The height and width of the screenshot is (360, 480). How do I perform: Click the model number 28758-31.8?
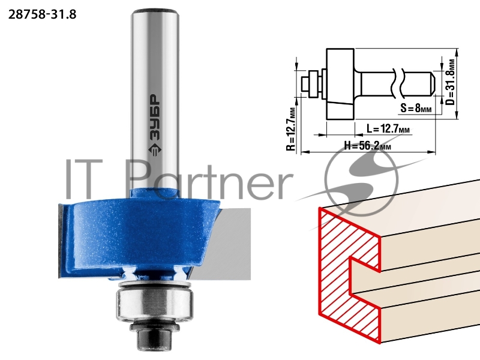(42, 14)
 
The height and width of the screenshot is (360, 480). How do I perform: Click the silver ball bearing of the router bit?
(155, 304)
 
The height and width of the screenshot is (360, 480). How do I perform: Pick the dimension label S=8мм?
(416, 108)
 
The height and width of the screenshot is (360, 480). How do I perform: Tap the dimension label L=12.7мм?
(388, 129)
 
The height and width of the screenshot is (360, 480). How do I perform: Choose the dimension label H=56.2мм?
(367, 145)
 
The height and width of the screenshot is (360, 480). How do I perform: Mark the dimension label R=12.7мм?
(291, 129)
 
